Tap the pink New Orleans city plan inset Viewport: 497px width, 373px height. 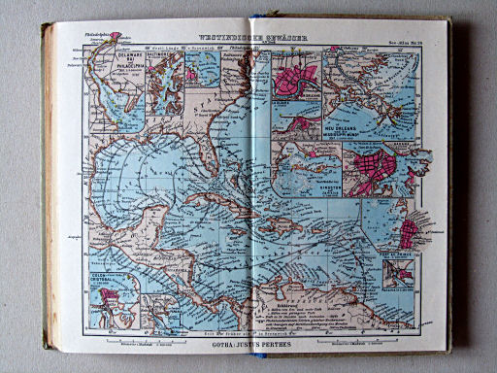(x=296, y=79)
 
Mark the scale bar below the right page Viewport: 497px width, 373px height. (x=361, y=341)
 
